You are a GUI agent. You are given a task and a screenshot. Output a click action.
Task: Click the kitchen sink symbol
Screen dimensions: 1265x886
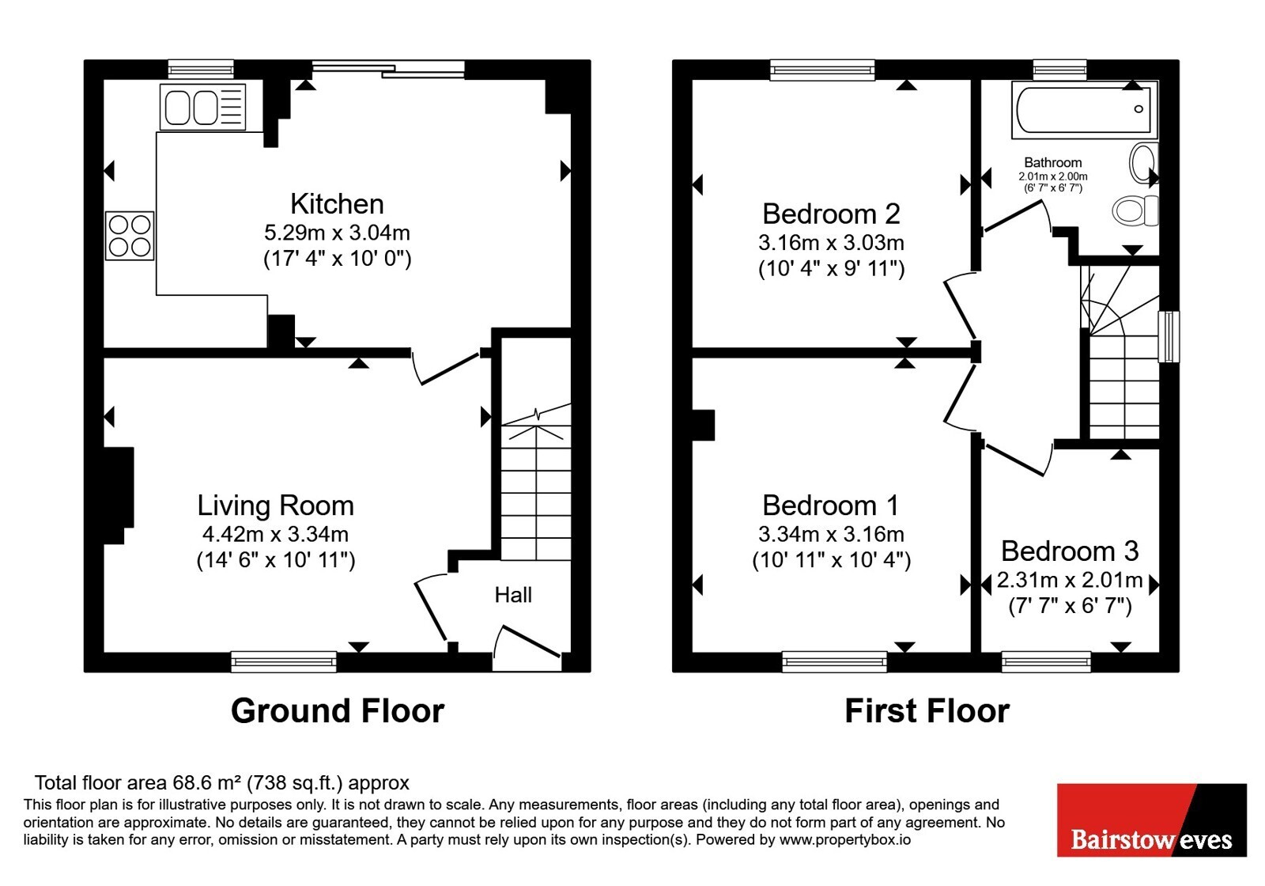tap(202, 107)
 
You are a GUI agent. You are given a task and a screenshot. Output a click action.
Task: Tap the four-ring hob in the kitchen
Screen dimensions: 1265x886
tap(130, 236)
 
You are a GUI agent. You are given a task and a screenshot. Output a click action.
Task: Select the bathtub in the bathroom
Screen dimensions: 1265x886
tap(1084, 110)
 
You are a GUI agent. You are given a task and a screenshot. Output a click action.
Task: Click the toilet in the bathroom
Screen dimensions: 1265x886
tap(1135, 210)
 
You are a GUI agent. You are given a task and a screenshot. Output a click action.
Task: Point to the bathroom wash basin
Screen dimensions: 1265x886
tap(1143, 163)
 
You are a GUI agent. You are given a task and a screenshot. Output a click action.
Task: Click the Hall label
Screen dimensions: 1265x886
tap(513, 595)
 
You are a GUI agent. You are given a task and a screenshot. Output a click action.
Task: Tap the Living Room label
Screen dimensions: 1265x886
tap(276, 505)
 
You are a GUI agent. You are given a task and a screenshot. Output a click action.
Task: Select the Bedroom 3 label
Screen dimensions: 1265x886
tap(1070, 551)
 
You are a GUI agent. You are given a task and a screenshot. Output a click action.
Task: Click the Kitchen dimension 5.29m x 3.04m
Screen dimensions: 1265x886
tap(337, 233)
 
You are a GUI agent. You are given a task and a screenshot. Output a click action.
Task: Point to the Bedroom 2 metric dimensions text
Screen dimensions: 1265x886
tap(831, 242)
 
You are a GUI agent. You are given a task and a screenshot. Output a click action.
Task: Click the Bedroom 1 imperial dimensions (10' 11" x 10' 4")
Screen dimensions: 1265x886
tap(831, 560)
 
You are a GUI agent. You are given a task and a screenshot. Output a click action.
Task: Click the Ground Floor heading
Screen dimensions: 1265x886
tap(338, 711)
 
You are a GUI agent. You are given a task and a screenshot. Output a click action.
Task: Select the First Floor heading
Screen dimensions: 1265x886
tap(927, 711)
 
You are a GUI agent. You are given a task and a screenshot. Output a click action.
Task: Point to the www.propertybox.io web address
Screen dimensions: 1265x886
tap(845, 839)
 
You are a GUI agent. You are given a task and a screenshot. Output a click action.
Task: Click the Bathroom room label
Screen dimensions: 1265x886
tap(1053, 163)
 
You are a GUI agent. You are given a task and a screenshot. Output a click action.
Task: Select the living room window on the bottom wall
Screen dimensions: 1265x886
tap(284, 661)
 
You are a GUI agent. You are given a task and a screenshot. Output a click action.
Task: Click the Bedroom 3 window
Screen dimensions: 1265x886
tap(1047, 661)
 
